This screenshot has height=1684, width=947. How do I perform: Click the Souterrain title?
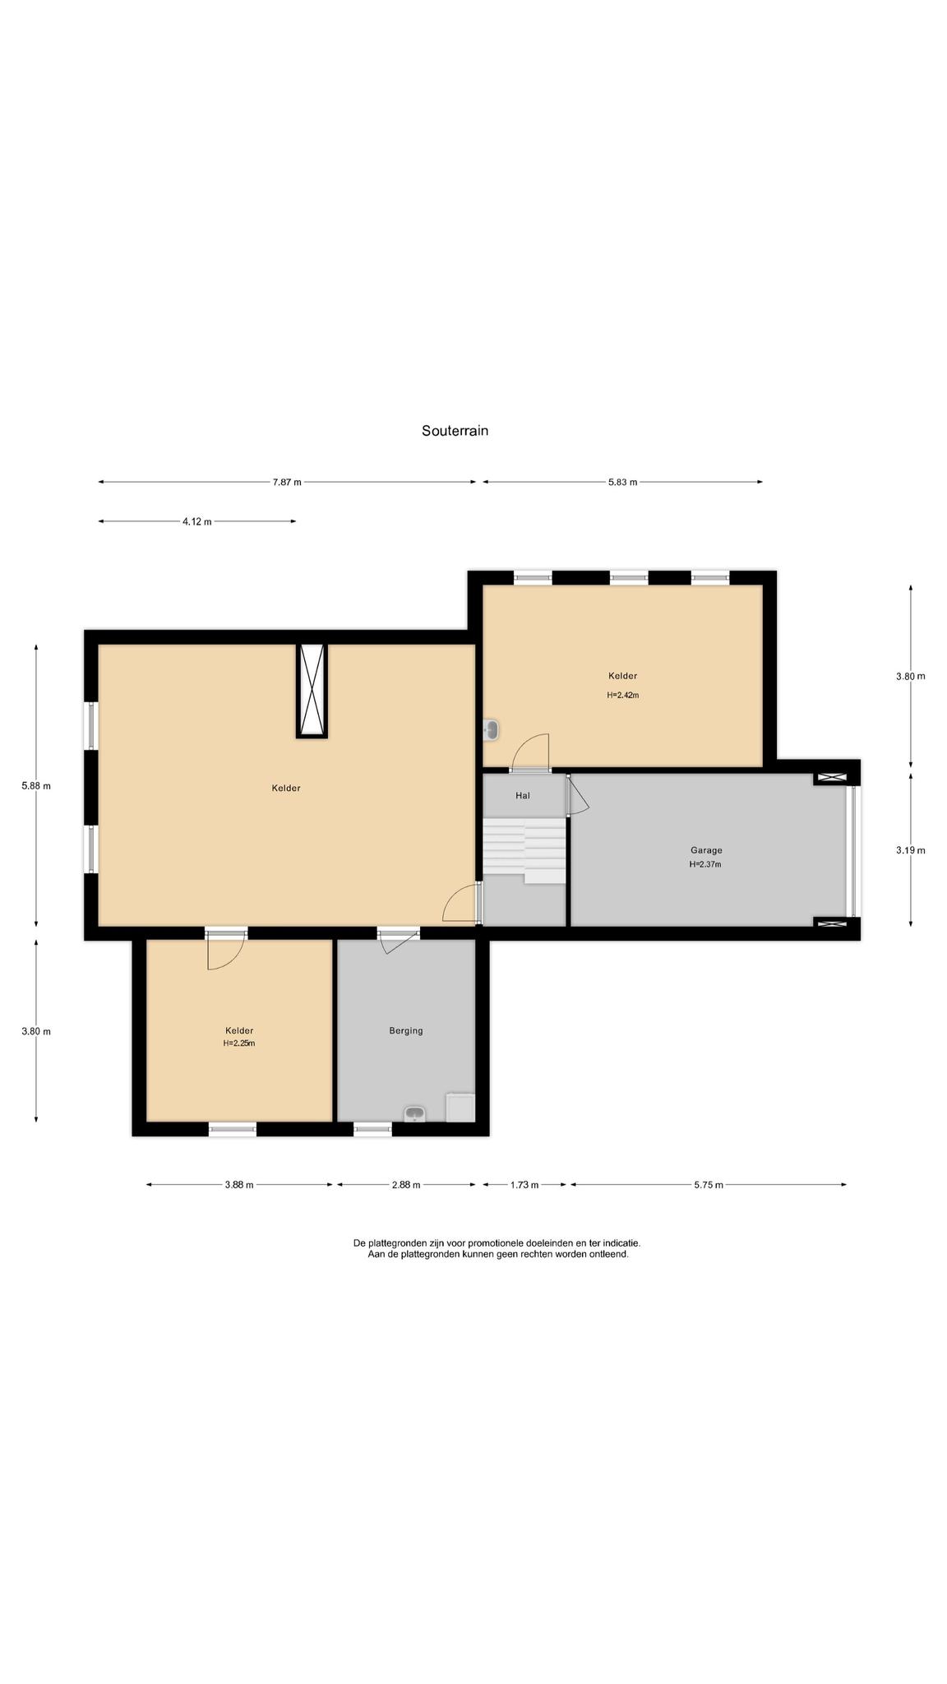pyautogui.click(x=455, y=430)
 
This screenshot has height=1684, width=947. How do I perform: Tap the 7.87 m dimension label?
pyautogui.click(x=287, y=482)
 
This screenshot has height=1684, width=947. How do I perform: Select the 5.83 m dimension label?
pyautogui.click(x=622, y=482)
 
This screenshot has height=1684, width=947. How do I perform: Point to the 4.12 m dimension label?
pyautogui.click(x=196, y=521)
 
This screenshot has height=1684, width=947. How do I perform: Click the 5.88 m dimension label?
pyautogui.click(x=36, y=785)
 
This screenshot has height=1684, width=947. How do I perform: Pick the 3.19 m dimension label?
pyautogui.click(x=910, y=850)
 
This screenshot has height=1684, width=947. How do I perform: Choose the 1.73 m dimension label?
pyautogui.click(x=524, y=1185)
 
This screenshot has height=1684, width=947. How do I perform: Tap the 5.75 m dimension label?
pyautogui.click(x=708, y=1185)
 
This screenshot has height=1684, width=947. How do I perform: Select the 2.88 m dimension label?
pyautogui.click(x=405, y=1185)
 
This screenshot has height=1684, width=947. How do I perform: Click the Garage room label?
pyautogui.click(x=706, y=850)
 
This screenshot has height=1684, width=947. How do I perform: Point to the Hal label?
pyautogui.click(x=523, y=795)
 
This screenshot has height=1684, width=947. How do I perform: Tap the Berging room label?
pyautogui.click(x=406, y=1030)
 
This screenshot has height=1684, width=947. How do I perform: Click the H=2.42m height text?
pyautogui.click(x=623, y=695)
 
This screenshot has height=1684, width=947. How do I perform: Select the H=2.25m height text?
pyautogui.click(x=239, y=1043)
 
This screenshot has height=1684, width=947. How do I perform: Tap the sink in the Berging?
pyautogui.click(x=415, y=1114)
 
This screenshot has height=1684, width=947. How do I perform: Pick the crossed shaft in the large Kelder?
pyautogui.click(x=312, y=691)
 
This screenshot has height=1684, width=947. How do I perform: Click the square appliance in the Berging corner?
pyautogui.click(x=460, y=1107)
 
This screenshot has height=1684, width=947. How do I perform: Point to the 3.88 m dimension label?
pyautogui.click(x=239, y=1185)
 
